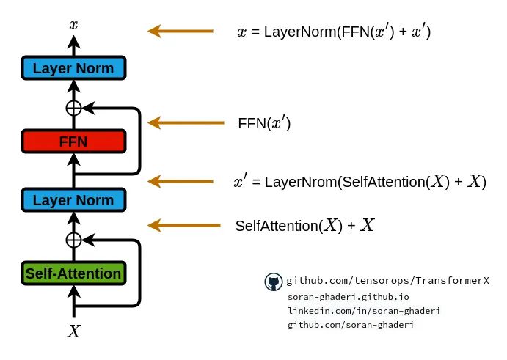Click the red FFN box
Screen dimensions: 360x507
(x=73, y=142)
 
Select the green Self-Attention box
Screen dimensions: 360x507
(x=73, y=273)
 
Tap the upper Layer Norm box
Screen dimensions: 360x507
(x=73, y=69)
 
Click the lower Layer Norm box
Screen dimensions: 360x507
(x=73, y=200)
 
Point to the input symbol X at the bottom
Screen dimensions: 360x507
(x=73, y=331)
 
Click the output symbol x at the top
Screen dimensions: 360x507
(x=73, y=25)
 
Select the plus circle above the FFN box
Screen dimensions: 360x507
(x=73, y=108)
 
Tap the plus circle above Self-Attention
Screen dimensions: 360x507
(x=73, y=240)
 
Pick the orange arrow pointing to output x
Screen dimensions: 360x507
(x=180, y=32)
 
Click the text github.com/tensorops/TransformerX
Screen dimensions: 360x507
(x=388, y=281)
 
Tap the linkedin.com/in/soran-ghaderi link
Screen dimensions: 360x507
(x=364, y=310)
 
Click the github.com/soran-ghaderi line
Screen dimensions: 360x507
(x=351, y=324)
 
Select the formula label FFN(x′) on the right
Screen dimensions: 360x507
(x=265, y=123)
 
